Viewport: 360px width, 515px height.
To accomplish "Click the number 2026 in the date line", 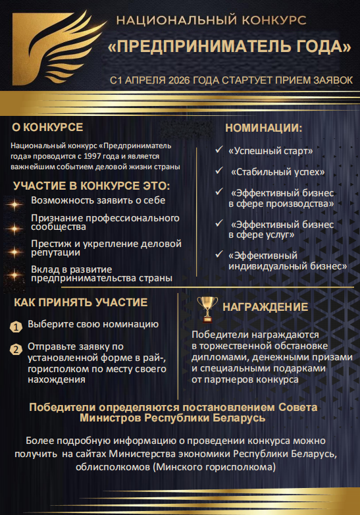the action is click(184, 80).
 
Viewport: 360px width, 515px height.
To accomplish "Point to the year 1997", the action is click(126, 156).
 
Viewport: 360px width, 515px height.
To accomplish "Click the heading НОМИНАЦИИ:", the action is click(263, 128).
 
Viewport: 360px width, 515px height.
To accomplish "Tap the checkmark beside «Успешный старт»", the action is click(219, 150).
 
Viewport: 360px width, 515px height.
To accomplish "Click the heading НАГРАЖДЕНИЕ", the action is click(265, 307).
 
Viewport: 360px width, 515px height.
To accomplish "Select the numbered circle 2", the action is click(16, 349).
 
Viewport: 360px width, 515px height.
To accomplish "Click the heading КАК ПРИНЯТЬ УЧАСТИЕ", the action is click(80, 302).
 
